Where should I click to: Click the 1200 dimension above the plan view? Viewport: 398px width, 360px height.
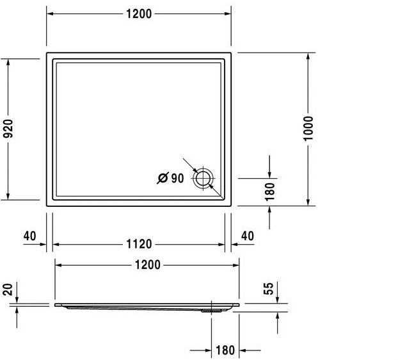point(138,13)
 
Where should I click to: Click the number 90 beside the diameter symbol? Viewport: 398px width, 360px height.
point(177,179)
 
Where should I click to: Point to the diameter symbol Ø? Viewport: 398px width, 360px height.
point(163,179)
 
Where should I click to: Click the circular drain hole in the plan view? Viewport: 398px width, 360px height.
point(204,177)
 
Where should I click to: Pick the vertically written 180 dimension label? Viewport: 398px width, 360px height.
point(269,192)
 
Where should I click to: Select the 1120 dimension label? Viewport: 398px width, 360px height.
point(138,244)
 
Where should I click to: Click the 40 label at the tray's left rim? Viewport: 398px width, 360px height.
point(29,236)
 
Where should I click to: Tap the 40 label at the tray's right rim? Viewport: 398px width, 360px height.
point(247,236)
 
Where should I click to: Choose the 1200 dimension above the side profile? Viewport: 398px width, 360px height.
point(147,265)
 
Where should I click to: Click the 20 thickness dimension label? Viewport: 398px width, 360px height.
point(8,289)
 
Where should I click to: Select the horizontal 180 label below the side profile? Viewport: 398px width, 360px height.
point(225,351)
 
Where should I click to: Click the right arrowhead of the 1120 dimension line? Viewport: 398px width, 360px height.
point(222,244)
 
